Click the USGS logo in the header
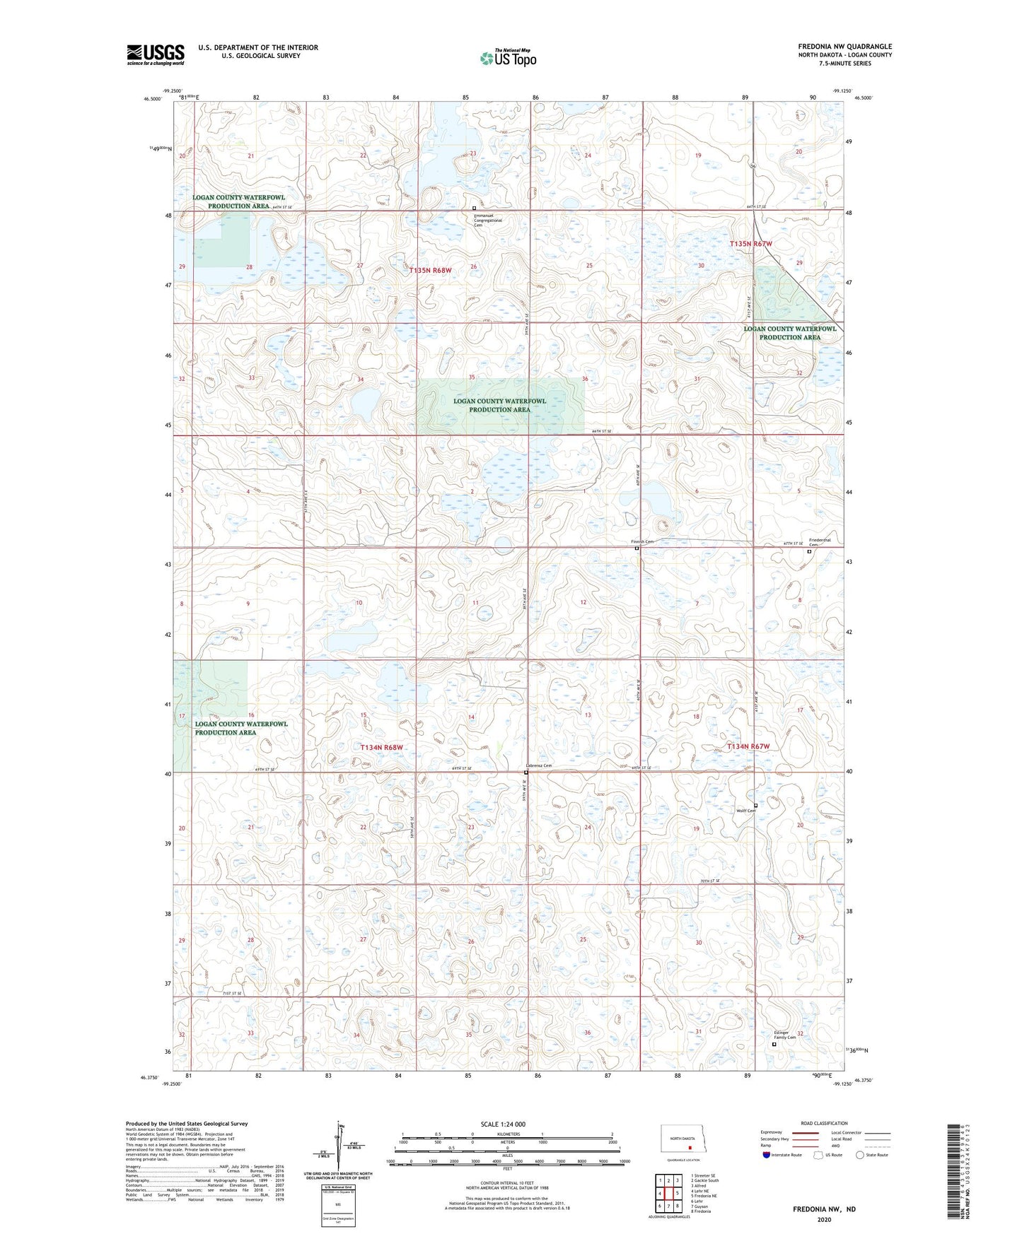156,54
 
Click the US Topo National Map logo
507,57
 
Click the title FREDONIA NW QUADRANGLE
844,47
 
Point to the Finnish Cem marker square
637,548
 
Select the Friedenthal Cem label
820,542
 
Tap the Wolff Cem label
745,811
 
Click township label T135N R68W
430,271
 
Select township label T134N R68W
381,747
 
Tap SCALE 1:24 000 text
503,1124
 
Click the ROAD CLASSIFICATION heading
824,1123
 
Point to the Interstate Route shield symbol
767,1155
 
